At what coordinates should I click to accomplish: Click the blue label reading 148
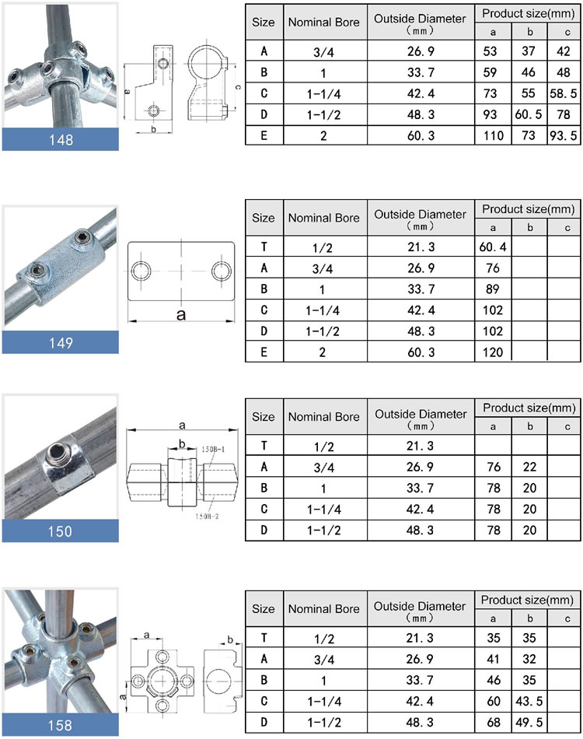[60, 140]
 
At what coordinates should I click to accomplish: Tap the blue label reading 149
[60, 342]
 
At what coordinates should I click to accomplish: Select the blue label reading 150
[60, 531]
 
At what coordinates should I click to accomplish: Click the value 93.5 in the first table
[564, 134]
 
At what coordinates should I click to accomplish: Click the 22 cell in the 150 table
[529, 467]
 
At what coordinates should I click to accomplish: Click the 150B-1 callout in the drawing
[213, 450]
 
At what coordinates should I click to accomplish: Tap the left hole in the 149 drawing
[141, 271]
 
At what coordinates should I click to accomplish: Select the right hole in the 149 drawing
[221, 271]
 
